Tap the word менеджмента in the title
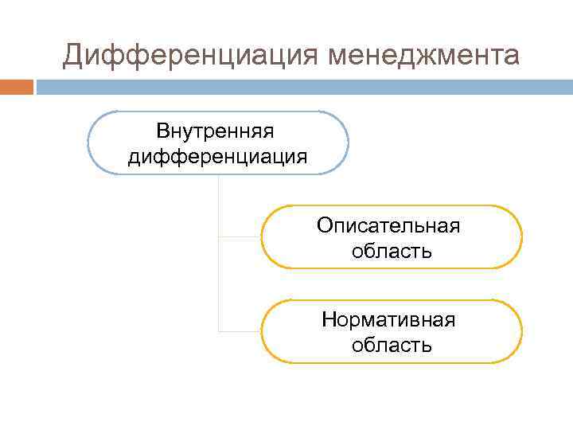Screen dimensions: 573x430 coord(422,57)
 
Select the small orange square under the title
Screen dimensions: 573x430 coord(17,87)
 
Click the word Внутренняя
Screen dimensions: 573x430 coord(216,130)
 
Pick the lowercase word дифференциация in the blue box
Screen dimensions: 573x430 coord(217,156)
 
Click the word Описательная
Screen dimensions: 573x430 coord(388,225)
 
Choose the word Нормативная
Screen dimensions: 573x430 coord(388,319)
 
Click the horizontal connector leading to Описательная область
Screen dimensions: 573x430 coord(240,237)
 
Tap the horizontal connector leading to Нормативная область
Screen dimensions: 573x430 coord(240,331)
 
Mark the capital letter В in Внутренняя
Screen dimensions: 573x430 coord(162,130)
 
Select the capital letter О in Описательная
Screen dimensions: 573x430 coord(324,225)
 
